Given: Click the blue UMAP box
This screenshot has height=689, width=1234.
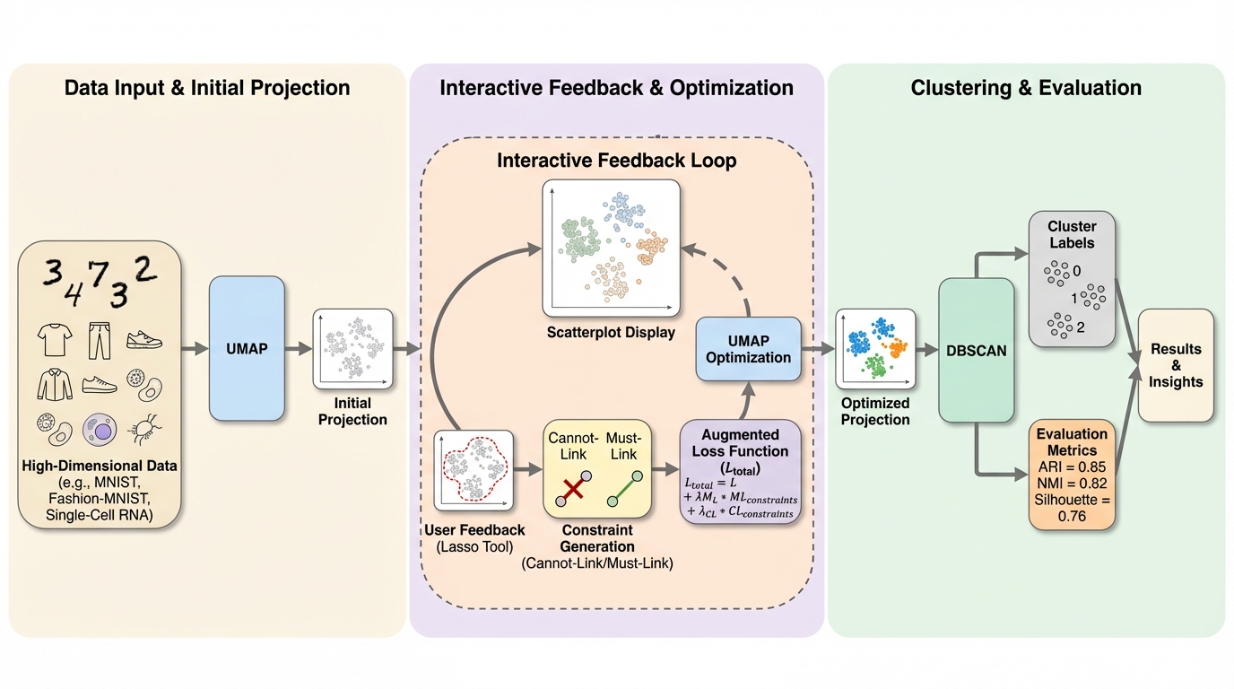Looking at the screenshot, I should click(247, 348).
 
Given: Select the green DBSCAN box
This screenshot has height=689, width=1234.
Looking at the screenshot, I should click(977, 351).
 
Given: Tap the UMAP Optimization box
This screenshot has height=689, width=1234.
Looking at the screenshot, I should click(749, 349).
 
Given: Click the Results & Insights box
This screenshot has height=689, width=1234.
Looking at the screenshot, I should click(1176, 365).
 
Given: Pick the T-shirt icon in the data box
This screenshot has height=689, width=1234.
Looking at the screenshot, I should click(54, 339).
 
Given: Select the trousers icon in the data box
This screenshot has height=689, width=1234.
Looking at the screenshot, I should click(99, 339).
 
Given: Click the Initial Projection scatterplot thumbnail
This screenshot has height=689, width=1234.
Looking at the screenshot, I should click(353, 349).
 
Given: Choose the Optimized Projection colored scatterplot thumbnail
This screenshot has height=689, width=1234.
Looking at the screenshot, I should click(875, 349).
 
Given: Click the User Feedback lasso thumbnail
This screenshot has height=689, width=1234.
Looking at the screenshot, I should click(474, 470).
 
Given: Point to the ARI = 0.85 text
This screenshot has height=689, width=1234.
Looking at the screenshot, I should click(1073, 467).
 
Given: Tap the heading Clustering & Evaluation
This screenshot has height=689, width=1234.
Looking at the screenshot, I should click(1026, 88).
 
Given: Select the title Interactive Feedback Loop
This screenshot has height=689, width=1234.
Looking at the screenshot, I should click(617, 161).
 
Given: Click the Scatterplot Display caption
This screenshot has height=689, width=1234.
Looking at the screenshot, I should click(611, 334).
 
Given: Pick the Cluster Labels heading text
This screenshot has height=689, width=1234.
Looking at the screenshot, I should click(1071, 234).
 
